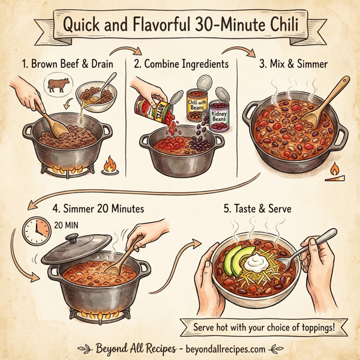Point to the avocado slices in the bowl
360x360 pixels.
tap(233, 260)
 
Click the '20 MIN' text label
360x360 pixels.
tap(67, 226)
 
